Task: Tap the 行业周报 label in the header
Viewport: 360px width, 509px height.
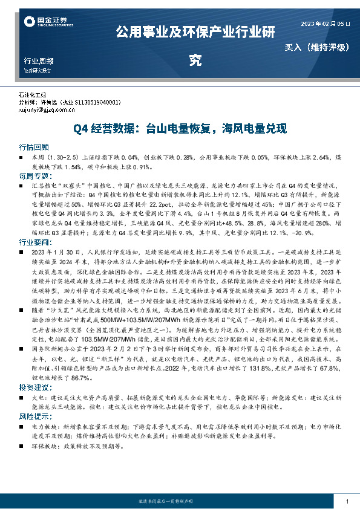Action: [x=38, y=61]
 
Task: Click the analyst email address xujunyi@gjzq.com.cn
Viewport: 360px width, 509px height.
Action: [x=47, y=110]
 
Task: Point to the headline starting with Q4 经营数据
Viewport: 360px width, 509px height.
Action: [x=180, y=129]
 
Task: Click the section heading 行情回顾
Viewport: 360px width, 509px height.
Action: [x=33, y=147]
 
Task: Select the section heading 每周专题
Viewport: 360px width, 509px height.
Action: [x=33, y=176]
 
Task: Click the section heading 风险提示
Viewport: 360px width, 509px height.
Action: [x=33, y=415]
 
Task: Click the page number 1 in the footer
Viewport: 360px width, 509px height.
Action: [x=346, y=502]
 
